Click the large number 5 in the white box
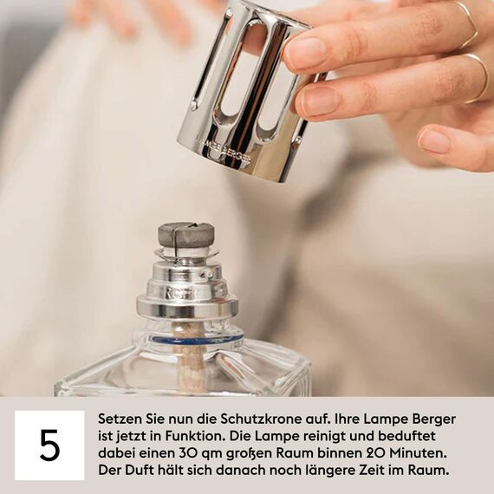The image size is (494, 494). tap(49, 445)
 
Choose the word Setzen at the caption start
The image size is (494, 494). tap(118, 419)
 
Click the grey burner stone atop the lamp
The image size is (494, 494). tap(185, 234)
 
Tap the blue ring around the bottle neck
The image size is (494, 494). tap(186, 339)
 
